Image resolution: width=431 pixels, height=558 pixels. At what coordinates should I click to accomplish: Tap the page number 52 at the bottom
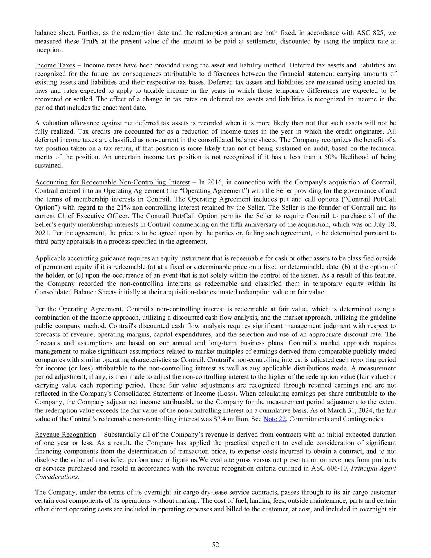[215, 545]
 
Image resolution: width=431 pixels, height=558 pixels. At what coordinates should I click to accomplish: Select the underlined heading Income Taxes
[55, 65]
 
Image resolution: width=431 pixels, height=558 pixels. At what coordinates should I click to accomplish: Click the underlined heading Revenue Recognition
[65, 435]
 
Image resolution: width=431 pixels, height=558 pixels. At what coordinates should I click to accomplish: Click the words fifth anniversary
[284, 224]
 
